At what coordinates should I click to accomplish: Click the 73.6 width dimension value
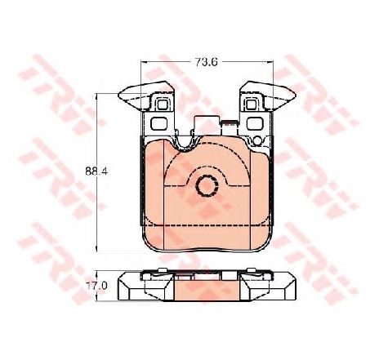tap(206, 62)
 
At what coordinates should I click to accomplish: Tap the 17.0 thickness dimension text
tap(96, 286)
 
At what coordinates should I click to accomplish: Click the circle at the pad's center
tap(207, 185)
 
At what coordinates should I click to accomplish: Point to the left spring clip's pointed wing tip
tap(119, 95)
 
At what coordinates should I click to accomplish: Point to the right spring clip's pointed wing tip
tap(295, 95)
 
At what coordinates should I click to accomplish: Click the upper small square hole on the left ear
tap(163, 104)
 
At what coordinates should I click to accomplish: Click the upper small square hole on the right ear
tap(251, 104)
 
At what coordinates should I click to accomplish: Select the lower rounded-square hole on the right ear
tap(254, 124)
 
